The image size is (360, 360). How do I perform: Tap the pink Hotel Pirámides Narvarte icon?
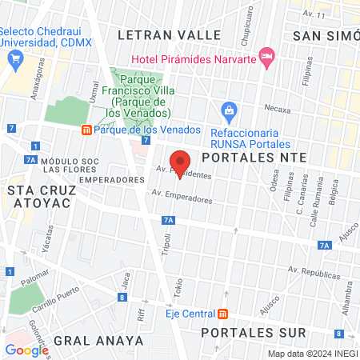click(268, 58)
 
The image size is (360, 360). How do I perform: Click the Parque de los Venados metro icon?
click(86, 130)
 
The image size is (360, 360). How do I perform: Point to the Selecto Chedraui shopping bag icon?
click(14, 58)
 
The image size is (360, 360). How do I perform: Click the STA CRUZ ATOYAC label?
click(39, 196)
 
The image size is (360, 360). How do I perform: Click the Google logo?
click(26, 350)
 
